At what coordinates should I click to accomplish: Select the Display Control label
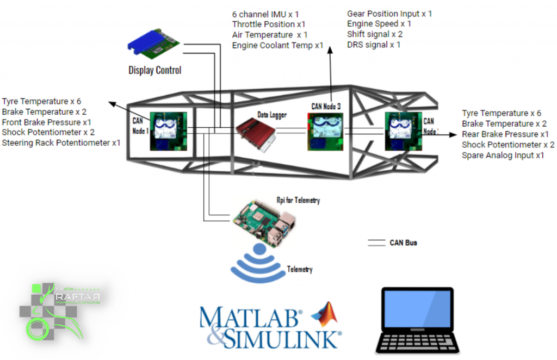[x=154, y=70]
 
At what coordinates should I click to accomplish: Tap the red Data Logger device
[x=256, y=133]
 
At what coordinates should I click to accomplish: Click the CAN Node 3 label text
[x=326, y=107]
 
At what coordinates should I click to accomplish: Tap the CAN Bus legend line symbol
[x=376, y=243]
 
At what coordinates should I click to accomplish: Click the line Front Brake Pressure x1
[x=47, y=122]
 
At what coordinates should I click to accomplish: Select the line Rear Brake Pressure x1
[x=505, y=134]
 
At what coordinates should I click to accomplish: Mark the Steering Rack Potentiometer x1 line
[x=61, y=143]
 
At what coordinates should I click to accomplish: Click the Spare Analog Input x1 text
[x=503, y=155]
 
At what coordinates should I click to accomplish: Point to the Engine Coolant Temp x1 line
[x=277, y=46]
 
